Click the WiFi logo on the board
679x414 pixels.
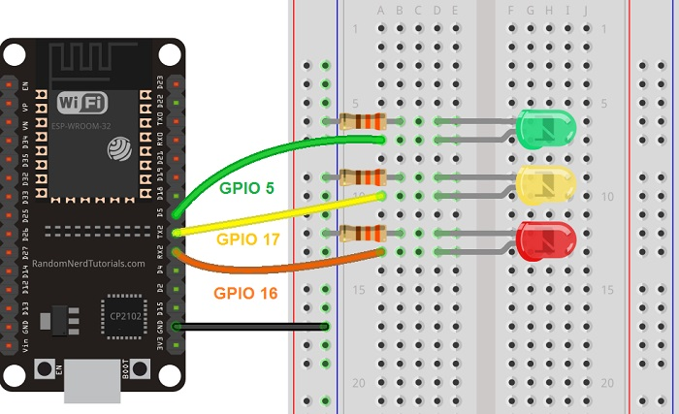pyautogui.click(x=81, y=103)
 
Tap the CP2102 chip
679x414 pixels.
pyautogui.click(x=124, y=316)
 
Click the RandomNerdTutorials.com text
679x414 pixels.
pyautogui.click(x=88, y=263)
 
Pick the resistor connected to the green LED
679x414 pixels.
pyautogui.click(x=364, y=121)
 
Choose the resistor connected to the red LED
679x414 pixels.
pyautogui.click(x=364, y=233)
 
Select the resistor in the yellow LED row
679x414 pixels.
pyautogui.click(x=364, y=176)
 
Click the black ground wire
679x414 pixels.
pyautogui.click(x=252, y=327)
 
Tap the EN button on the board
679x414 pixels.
pyautogui.click(x=44, y=369)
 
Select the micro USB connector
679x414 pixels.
pyautogui.click(x=92, y=382)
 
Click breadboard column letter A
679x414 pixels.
pyautogui.click(x=381, y=12)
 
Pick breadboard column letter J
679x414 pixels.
pyautogui.click(x=586, y=12)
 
